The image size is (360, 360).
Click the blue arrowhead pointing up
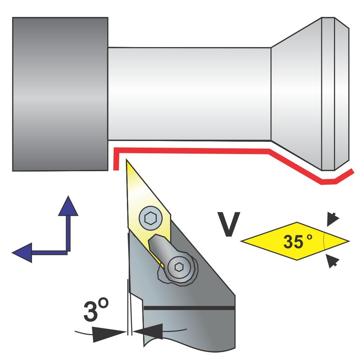click(x=68, y=206)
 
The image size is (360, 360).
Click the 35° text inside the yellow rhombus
click(x=297, y=242)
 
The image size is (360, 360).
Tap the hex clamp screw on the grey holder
click(x=178, y=268)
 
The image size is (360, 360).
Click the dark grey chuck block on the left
click(x=60, y=94)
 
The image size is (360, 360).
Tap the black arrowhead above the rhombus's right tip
click(x=332, y=219)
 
